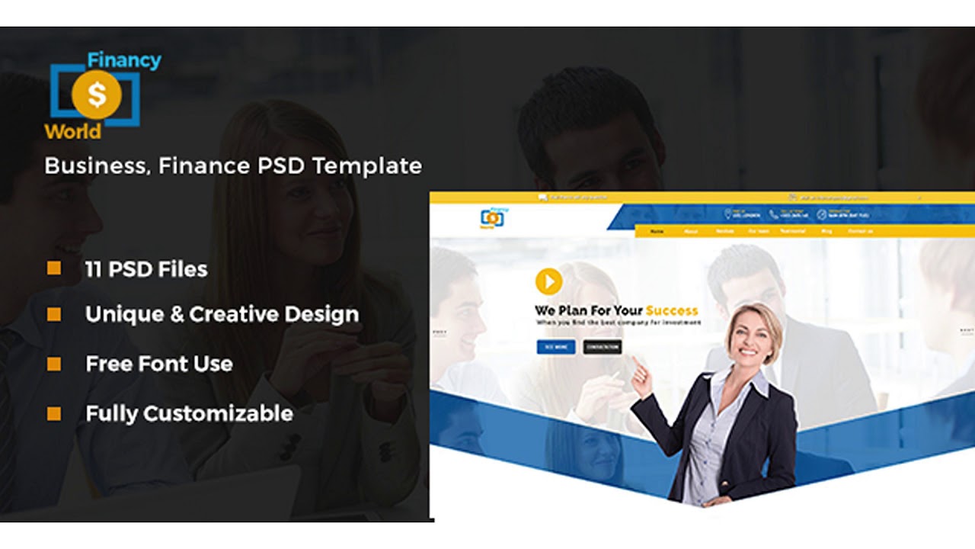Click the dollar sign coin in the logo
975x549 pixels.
(97, 95)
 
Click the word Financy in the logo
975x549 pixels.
(124, 60)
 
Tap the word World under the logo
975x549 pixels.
(72, 131)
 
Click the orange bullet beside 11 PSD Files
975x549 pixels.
(54, 268)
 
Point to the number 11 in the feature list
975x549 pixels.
(94, 269)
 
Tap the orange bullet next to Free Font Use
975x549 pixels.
(54, 364)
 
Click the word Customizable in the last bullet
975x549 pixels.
(218, 413)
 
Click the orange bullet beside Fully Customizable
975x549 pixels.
(54, 413)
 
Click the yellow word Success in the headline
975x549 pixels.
(672, 310)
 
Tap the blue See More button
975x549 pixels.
(556, 347)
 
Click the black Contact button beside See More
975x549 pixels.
(603, 347)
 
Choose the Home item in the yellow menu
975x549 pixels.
(657, 231)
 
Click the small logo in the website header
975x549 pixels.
(492, 218)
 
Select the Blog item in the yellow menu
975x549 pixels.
(826, 231)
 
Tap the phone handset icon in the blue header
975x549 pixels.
(773, 214)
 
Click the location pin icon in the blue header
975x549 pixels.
(727, 214)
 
